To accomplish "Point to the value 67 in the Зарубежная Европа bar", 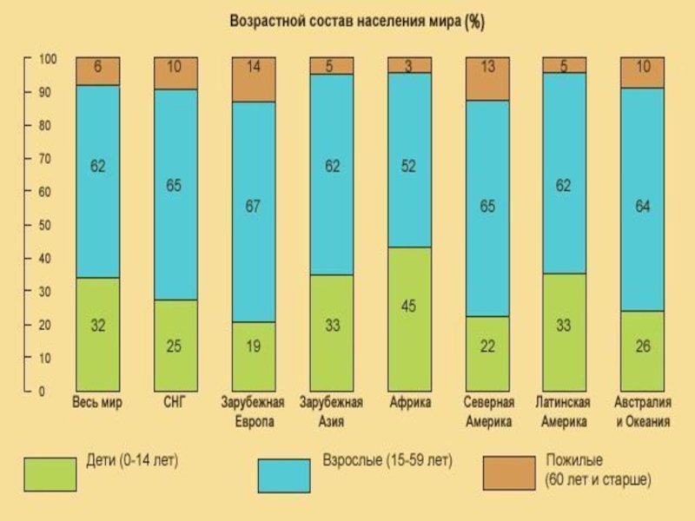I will pos(254,208).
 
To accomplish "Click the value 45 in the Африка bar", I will pos(409,305).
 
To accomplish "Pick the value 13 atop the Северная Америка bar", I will pos(488,67).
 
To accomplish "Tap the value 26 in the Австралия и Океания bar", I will pos(643,346).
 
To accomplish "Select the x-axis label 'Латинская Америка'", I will pos(566,412).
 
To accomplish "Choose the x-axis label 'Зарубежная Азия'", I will pos(331,412).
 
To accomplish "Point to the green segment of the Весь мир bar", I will pos(97,334).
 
